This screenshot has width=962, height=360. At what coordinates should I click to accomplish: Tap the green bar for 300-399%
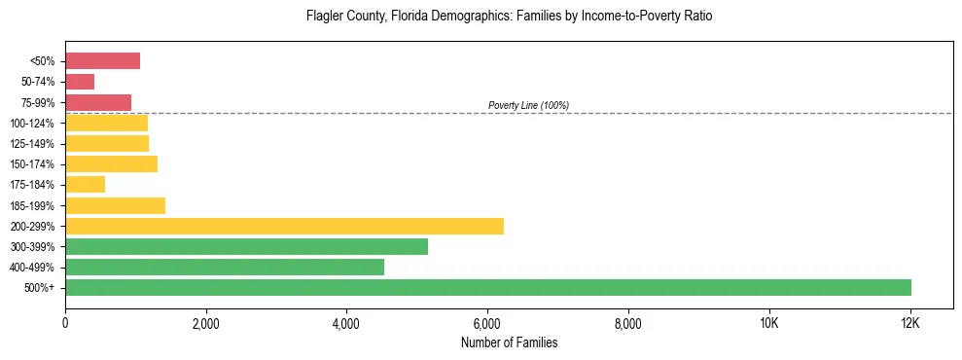[246, 246]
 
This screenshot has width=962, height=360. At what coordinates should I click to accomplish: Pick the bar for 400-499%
[225, 267]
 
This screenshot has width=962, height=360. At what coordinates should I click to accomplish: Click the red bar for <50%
[102, 61]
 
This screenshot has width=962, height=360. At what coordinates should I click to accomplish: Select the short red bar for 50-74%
[80, 82]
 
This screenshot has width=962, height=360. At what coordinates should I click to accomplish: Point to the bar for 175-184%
[85, 184]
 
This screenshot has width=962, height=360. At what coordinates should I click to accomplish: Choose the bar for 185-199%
[115, 205]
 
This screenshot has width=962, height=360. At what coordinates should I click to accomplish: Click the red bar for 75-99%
[98, 102]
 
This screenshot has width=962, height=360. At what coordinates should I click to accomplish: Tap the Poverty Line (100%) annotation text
[528, 105]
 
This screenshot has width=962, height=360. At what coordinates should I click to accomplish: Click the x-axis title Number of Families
[509, 342]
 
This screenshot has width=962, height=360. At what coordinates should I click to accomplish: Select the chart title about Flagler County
[509, 17]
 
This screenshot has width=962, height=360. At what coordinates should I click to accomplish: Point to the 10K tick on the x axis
[768, 323]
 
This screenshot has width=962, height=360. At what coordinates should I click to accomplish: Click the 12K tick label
[909, 323]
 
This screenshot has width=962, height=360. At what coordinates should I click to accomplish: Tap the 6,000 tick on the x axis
[487, 323]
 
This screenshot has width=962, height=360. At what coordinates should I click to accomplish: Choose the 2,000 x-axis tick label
[205, 323]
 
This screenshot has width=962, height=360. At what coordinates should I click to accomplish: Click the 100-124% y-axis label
[32, 124]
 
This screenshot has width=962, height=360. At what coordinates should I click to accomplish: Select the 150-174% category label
[32, 164]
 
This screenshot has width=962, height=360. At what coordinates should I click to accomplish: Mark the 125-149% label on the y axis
[32, 144]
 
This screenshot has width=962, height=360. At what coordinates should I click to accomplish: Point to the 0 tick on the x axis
[65, 323]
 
